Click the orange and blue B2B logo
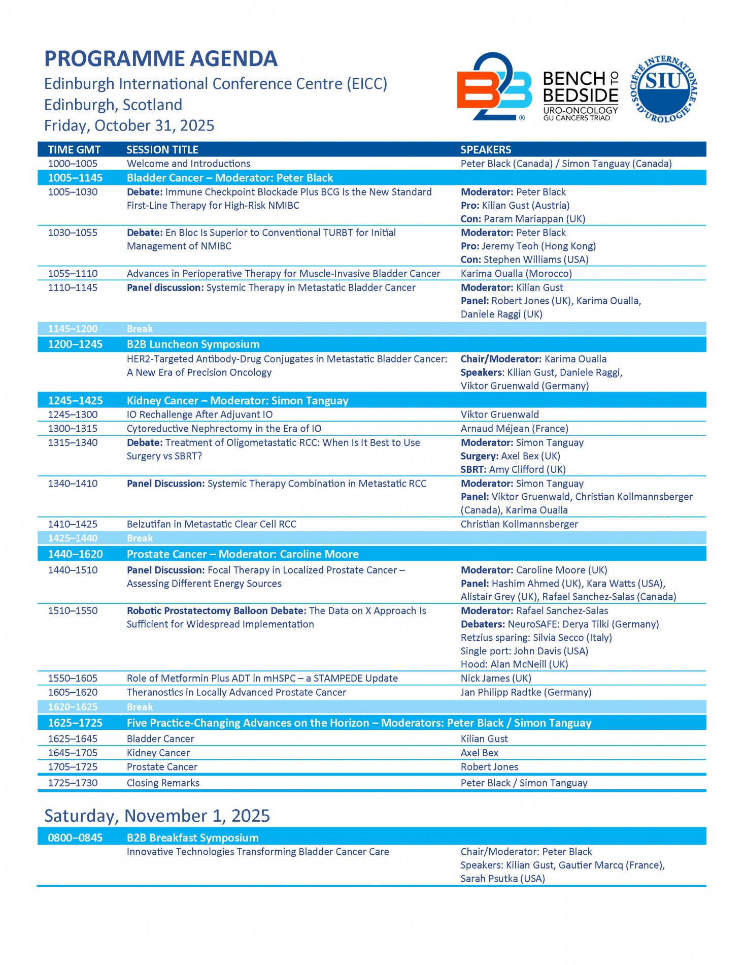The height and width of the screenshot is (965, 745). [x=494, y=87]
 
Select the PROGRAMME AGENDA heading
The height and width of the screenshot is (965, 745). [x=161, y=59]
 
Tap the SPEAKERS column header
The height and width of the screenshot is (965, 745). [x=486, y=150]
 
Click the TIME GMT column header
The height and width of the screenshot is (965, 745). [x=74, y=150]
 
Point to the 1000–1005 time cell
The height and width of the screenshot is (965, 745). [x=73, y=164]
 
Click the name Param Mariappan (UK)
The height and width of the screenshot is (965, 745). [x=534, y=219]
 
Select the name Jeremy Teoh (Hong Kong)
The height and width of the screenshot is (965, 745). [x=538, y=246]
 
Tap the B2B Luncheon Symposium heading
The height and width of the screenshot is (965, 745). [x=193, y=344]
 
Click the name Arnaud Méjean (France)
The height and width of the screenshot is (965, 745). [x=514, y=429]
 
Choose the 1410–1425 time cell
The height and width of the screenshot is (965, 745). [x=73, y=524]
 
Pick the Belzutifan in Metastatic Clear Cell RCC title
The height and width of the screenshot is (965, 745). [x=211, y=524]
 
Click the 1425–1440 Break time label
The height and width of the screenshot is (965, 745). [x=73, y=538]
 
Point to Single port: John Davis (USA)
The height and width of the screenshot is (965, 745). [x=524, y=651]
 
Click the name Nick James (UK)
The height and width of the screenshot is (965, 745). [x=496, y=679]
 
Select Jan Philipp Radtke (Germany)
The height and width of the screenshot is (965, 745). [x=526, y=692]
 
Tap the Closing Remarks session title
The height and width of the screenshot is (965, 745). [x=163, y=783]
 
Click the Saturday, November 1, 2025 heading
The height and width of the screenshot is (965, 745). [x=157, y=816]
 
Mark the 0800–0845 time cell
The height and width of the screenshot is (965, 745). [x=75, y=838]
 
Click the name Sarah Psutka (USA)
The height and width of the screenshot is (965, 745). [x=502, y=879]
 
